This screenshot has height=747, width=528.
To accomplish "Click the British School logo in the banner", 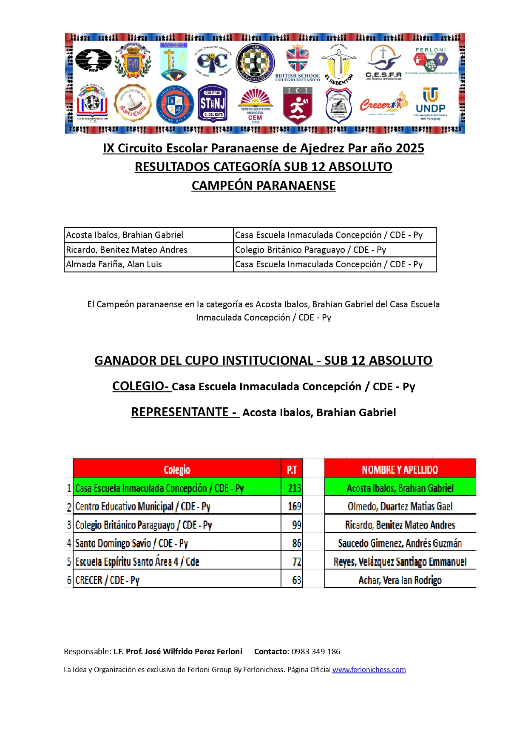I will click(x=297, y=63).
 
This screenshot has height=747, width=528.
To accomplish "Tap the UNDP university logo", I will click(x=430, y=104).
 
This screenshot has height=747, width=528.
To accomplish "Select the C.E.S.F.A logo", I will click(x=383, y=63).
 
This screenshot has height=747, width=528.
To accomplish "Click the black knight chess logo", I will click(x=93, y=61).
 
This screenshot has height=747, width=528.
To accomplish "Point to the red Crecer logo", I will click(x=383, y=104).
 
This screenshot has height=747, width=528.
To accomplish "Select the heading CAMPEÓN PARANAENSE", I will click(x=264, y=186).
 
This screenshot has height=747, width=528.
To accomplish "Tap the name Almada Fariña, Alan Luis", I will click(x=114, y=264).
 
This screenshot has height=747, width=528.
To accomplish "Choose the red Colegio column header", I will click(x=177, y=469).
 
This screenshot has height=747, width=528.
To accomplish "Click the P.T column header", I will click(x=292, y=469).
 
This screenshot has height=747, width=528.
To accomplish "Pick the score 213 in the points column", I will click(x=294, y=488).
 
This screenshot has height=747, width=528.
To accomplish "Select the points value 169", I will click(x=294, y=507).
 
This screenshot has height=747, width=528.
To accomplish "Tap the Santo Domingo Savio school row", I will click(x=132, y=544).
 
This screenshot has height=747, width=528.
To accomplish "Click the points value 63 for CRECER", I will click(x=296, y=580).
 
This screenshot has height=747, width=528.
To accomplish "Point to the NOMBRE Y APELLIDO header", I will click(x=400, y=469).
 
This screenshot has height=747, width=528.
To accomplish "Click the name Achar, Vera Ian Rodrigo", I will click(x=400, y=580).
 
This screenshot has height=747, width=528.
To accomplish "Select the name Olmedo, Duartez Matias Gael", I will click(x=400, y=507).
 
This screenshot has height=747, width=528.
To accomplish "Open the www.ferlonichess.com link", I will click(x=369, y=670).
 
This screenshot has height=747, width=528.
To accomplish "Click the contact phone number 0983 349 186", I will click(x=316, y=652).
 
